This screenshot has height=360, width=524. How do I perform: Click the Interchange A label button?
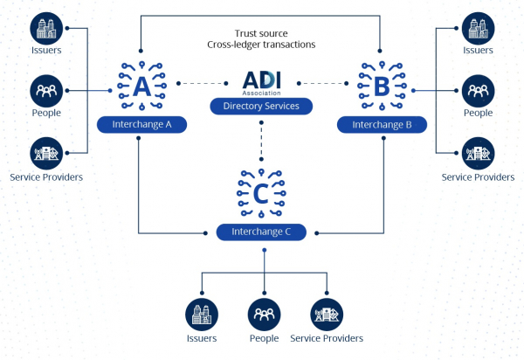coord(140,125)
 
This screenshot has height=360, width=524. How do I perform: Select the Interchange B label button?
coord(382,125)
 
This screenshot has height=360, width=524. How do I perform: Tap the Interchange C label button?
coord(260,232)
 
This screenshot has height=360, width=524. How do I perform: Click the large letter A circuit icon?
coord(139,85)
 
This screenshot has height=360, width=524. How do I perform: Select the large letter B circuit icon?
coord(382,85)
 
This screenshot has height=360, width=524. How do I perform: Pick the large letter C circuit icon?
coord(260,190)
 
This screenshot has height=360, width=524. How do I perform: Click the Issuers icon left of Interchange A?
coord(45,28)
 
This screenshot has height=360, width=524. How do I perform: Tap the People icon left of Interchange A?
coord(45,91)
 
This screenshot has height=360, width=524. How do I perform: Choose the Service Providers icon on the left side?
coord(45,153)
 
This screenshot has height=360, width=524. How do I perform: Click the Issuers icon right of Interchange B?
coord(478,28)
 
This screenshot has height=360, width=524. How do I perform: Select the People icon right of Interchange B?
coord(478,91)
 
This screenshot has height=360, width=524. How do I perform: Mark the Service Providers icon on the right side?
coord(478,153)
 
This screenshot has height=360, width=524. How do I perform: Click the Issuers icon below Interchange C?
coord(202,314)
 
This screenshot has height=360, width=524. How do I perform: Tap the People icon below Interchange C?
coord(264,314)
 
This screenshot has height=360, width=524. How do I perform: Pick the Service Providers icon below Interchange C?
coord(327,314)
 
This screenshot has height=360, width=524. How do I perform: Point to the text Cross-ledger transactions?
coord(260,43)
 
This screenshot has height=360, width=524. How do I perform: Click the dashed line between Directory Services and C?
coord(260,140)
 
